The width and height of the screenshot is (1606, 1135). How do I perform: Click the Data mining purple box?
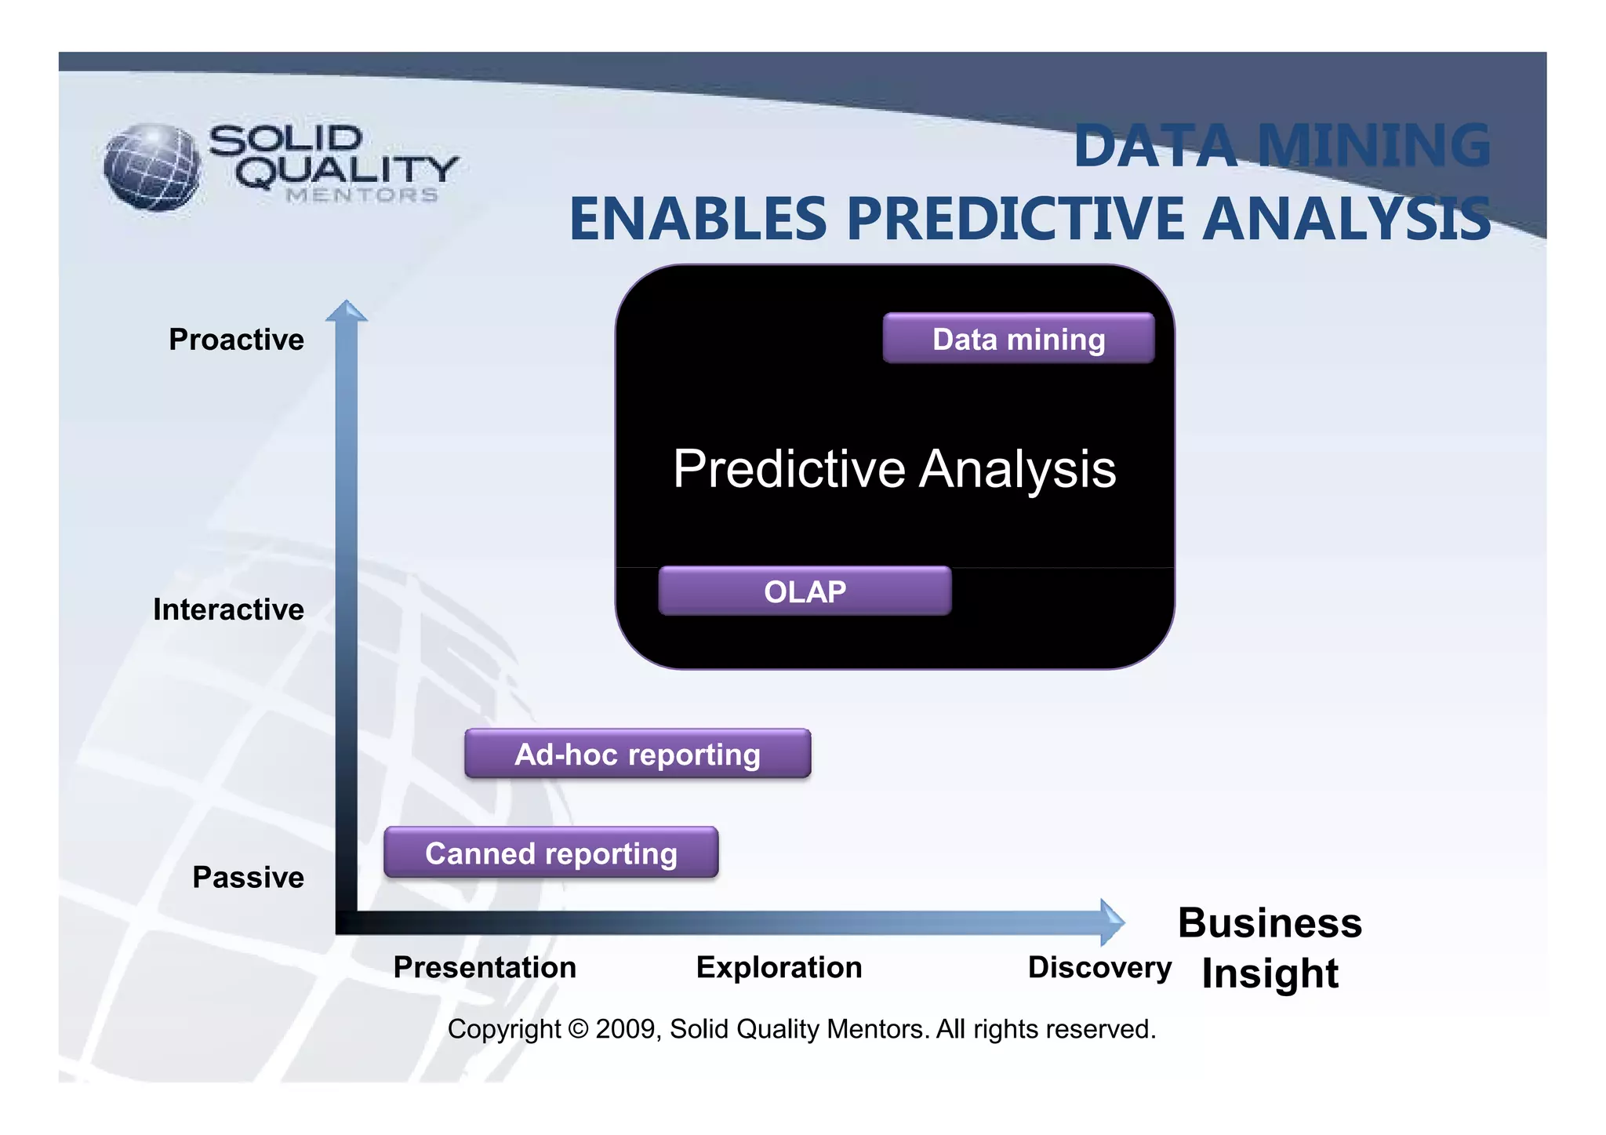coord(1018,339)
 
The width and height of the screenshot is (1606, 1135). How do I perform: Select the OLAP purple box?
coord(805,591)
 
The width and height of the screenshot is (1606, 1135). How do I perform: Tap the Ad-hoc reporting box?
coord(638,754)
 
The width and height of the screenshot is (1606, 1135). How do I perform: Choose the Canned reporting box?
coord(550,853)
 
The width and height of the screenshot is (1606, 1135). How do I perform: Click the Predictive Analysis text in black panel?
coord(894,469)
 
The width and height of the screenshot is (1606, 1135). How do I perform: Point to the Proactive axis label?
coord(236,340)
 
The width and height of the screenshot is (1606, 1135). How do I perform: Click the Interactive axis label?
coord(228,609)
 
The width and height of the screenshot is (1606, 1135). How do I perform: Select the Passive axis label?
coord(248,877)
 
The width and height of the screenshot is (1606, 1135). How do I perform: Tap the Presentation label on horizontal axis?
coord(485,967)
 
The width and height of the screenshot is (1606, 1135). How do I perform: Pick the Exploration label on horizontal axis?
coord(779,967)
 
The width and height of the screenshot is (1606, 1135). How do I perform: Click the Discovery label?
coord(1099,967)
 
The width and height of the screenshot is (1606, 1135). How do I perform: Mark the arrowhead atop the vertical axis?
coord(346,311)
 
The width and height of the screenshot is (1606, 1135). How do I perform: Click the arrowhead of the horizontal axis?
coord(1111,922)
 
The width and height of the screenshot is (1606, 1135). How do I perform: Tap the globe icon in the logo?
coord(152,167)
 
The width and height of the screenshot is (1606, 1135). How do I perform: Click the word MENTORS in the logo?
coord(362,195)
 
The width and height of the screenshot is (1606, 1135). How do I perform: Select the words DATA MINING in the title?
coord(1281,147)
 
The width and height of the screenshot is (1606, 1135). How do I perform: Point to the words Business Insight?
coord(1270,948)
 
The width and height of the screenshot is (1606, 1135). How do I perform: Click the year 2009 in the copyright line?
coord(624,1029)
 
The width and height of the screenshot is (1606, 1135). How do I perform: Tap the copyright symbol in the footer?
coord(578,1029)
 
